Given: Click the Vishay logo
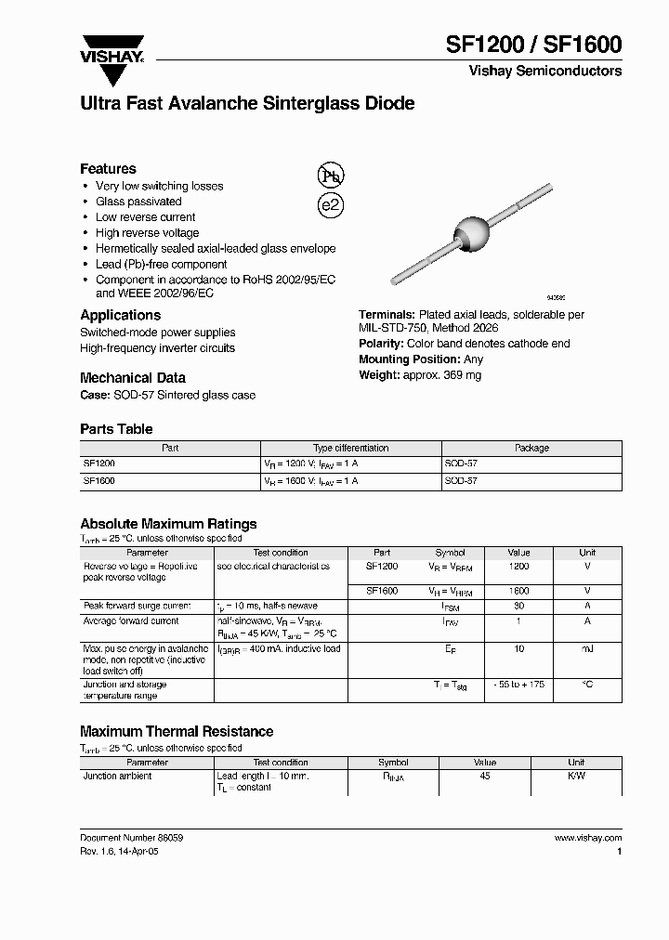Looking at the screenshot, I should coord(111,47).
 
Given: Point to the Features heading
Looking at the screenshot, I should coord(108,169).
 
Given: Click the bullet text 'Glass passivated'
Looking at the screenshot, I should coord(138,202).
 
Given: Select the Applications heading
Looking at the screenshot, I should coord(120,315).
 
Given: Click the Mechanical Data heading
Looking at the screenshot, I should coord(132,378).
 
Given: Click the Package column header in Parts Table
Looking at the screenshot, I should coord(531,448).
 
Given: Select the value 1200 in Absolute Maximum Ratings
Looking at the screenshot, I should coord(519,566).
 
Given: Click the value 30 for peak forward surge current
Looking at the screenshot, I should coord(519,606).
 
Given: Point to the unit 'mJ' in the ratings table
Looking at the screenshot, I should coord(587,649).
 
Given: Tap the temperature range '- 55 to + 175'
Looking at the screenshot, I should coord(519,685).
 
